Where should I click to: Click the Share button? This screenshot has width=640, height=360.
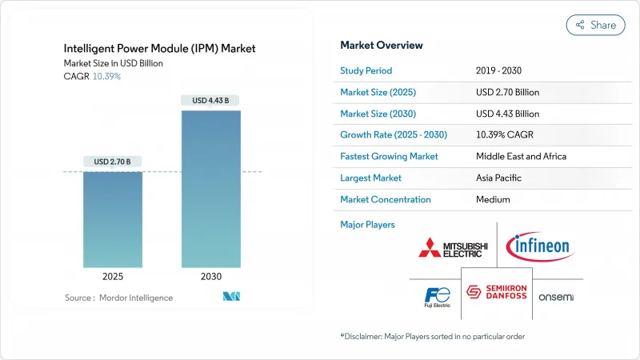595,25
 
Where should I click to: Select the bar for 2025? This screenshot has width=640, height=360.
113,220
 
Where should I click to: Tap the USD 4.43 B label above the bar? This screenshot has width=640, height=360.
211,101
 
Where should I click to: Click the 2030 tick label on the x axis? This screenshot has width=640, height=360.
211,276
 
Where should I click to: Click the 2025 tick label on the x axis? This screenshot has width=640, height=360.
113,276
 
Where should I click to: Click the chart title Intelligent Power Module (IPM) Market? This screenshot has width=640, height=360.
160,49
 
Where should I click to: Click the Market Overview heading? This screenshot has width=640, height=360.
382,46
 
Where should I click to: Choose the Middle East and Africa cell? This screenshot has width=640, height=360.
521,156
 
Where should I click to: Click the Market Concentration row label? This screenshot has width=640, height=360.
386,199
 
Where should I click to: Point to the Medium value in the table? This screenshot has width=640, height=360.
492,199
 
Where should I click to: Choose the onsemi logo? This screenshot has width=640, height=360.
556,298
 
